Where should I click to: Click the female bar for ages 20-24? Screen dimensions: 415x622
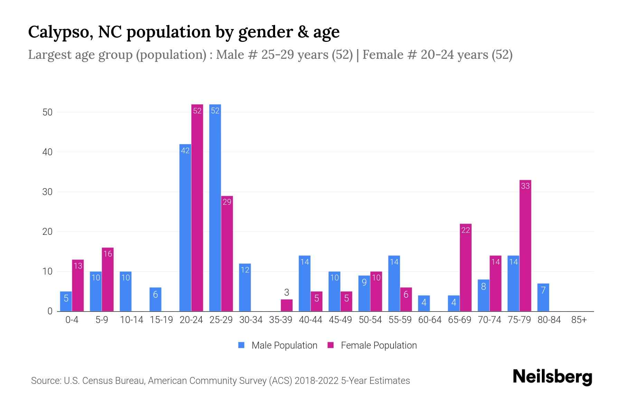(x=197, y=207)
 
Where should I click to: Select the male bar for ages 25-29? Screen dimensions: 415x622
(x=215, y=207)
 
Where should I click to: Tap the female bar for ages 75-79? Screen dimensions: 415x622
(x=525, y=246)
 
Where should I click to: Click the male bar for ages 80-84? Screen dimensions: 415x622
(x=543, y=297)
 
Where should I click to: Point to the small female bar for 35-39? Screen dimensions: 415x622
(x=286, y=305)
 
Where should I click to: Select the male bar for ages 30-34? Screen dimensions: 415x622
(x=245, y=287)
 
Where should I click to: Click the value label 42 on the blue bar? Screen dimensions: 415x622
(x=185, y=151)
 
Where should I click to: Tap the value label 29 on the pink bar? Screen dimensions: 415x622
(x=227, y=202)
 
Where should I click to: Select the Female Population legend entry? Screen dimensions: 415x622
(x=372, y=345)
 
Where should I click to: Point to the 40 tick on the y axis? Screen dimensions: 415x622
(x=47, y=152)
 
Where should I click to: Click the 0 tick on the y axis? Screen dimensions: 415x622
(x=50, y=311)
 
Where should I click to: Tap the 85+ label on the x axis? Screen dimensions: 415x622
(x=579, y=320)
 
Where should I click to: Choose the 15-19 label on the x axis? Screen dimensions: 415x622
(x=161, y=320)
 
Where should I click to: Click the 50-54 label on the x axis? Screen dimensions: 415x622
(x=370, y=320)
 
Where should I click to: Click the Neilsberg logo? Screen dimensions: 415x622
(x=552, y=377)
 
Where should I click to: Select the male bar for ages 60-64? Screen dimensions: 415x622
(x=424, y=303)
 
